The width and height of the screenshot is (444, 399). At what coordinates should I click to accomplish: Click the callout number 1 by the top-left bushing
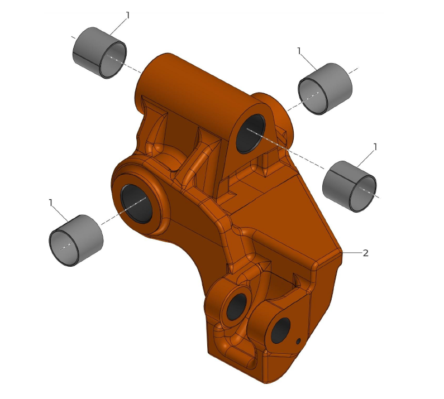127,16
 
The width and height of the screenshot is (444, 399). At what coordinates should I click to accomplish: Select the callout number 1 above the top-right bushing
299,51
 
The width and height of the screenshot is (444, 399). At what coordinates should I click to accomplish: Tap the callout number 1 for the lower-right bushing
375,147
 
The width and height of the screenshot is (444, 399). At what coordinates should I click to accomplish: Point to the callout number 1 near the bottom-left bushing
51,203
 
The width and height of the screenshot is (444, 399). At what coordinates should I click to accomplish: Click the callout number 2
366,253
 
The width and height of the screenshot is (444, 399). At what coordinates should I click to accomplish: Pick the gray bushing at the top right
326,88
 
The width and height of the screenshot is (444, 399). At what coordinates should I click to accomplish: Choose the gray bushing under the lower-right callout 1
350,186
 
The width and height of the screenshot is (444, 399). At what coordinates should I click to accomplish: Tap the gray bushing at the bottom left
76,240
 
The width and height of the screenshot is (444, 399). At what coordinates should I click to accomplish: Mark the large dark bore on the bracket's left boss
137,203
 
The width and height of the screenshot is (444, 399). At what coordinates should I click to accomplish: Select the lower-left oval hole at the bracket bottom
236,307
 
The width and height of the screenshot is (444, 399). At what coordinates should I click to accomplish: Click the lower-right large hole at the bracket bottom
280,330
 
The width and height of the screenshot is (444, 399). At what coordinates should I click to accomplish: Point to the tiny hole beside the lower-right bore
298,341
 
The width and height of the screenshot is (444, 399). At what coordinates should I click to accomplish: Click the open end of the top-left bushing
113,59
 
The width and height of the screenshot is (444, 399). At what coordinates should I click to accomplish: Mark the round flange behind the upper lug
278,109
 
